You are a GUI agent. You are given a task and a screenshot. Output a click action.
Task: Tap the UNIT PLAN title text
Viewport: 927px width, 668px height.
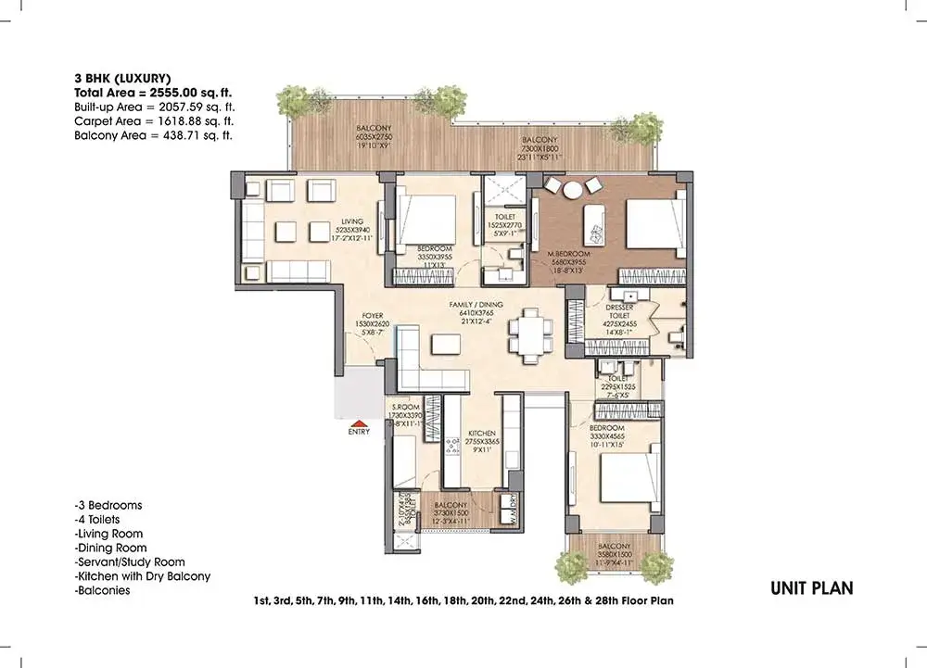tap(812, 587)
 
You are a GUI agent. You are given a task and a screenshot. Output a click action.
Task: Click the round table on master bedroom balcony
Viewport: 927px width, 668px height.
tap(573, 189)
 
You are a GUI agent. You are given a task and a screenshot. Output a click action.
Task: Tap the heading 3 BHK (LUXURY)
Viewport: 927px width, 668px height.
tap(121, 78)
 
